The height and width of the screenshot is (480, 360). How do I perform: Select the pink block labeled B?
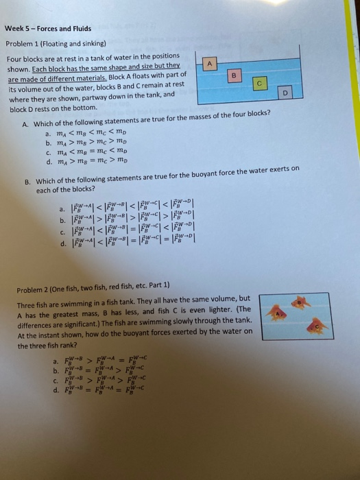[235, 74]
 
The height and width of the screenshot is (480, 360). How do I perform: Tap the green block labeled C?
[259, 82]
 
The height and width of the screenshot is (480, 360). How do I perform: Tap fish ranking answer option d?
[55, 392]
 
